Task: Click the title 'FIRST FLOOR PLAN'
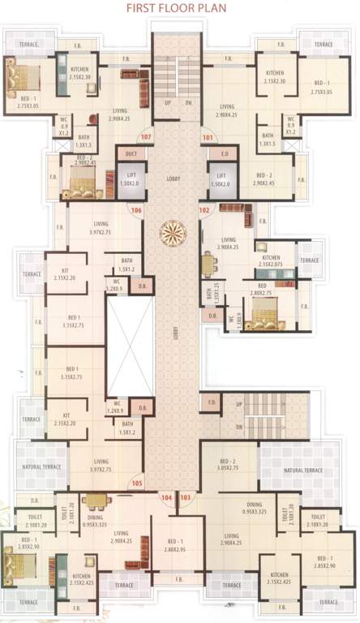179,11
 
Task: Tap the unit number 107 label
147,137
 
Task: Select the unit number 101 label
207,137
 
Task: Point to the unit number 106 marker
137,213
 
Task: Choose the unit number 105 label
137,484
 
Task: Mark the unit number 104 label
167,496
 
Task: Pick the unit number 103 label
186,496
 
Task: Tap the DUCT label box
130,153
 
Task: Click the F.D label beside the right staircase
212,403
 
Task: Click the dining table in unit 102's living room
210,264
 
